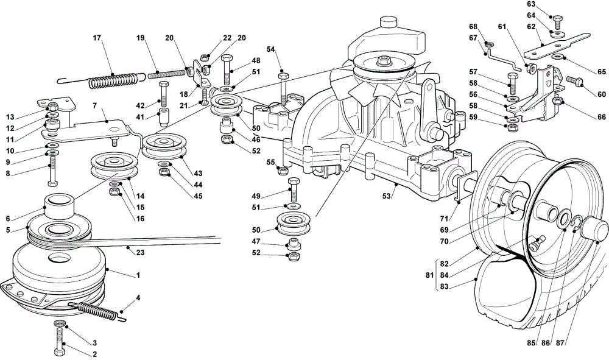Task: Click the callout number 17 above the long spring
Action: point(97,38)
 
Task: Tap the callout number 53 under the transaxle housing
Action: point(386,196)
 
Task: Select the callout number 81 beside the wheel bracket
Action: point(429,275)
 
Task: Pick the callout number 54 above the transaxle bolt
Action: point(271,49)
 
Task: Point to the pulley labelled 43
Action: point(164,146)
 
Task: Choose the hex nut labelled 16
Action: point(115,191)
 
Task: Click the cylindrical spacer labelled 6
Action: point(59,205)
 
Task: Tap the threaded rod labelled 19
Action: point(167,72)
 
